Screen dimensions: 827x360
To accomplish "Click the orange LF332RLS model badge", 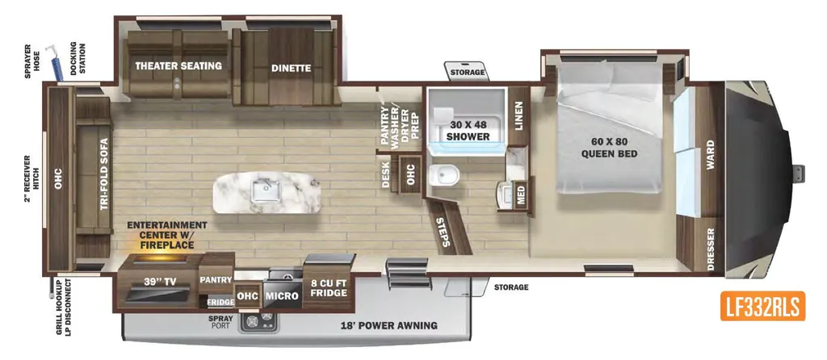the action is pos(762,306).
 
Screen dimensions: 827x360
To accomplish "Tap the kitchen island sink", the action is pos(265,190).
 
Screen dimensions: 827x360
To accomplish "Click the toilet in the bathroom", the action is pos(442,175).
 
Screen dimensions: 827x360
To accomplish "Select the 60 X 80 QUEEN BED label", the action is pos(609,148).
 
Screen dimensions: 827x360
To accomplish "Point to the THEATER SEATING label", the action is pos(178,66).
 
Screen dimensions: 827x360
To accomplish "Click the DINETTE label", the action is pos(291,68).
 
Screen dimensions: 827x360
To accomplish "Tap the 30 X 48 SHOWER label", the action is pos(468,131).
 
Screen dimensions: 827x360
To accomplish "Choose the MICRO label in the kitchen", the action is pos(282,296).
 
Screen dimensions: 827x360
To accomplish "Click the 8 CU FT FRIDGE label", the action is pos(328,288).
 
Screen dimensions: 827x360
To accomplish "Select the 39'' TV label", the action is pos(159,282).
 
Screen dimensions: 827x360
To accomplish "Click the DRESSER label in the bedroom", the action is pos(711,249).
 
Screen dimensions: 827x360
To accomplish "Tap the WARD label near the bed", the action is pos(711,155).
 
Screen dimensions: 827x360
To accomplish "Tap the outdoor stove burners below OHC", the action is pos(258,321).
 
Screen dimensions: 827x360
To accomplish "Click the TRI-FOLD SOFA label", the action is pos(104,174).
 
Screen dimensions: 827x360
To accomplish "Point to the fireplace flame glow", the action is pos(160,257).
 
